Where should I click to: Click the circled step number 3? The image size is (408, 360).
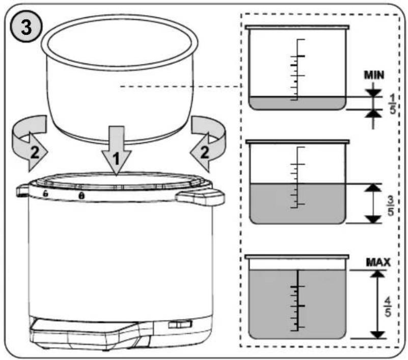tap(26, 27)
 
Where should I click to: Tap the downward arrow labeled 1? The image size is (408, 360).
tap(116, 150)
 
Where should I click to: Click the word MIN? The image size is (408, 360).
tap(374, 75)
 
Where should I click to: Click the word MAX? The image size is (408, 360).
tap(378, 262)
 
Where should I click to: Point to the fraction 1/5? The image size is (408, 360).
tap(392, 104)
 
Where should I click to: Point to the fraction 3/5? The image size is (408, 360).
tap(391, 206)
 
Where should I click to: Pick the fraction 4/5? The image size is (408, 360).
tap(388, 307)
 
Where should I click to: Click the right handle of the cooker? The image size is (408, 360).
tap(200, 197)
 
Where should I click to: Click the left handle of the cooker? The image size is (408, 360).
tap(23, 190)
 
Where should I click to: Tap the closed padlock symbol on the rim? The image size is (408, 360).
tap(81, 196)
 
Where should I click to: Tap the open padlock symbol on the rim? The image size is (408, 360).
tap(45, 193)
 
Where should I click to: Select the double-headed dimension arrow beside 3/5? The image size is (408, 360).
tap(373, 204)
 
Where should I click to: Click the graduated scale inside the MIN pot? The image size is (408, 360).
tap(297, 70)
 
